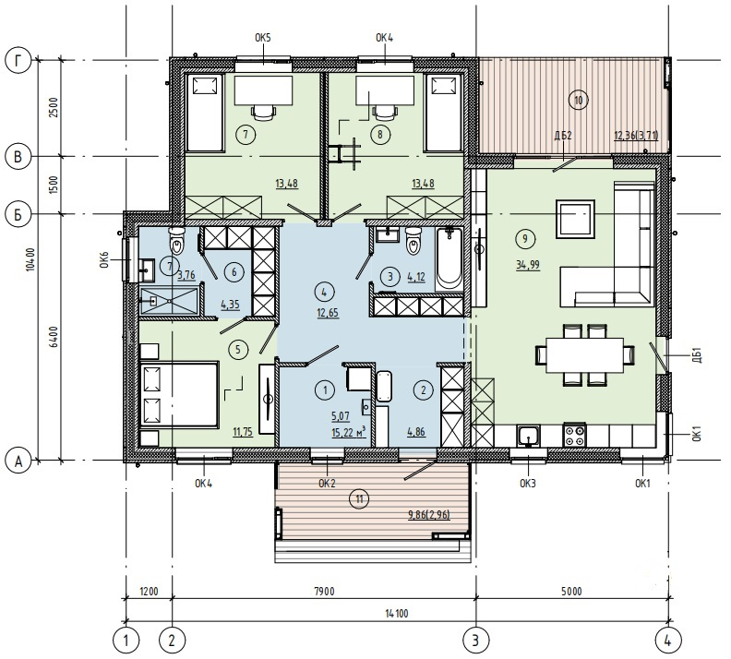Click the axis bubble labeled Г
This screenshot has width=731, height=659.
pyautogui.click(x=18, y=62)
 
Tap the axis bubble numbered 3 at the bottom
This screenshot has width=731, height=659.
pyautogui.click(x=475, y=640)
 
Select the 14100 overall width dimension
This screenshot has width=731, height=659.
pyautogui.click(x=397, y=614)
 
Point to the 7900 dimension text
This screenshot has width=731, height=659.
pyautogui.click(x=325, y=592)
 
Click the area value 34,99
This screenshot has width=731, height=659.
pyautogui.click(x=528, y=265)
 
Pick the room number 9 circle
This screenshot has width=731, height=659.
pyautogui.click(x=525, y=239)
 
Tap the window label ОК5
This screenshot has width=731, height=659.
pyautogui.click(x=262, y=38)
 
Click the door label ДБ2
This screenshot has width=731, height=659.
pyautogui.click(x=563, y=136)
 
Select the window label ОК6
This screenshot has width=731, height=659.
pyautogui.click(x=104, y=259)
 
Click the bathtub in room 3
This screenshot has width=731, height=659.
pyautogui.click(x=449, y=259)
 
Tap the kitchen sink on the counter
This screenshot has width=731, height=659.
pyautogui.click(x=528, y=437)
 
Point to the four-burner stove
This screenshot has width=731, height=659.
pyautogui.click(x=575, y=436)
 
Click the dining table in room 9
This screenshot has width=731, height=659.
pyautogui.click(x=585, y=355)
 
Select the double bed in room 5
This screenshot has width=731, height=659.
pyautogui.click(x=179, y=394)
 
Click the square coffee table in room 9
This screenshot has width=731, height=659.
pyautogui.click(x=575, y=219)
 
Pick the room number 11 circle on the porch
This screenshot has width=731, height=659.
pyautogui.click(x=359, y=499)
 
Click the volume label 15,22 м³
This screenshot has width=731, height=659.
pyautogui.click(x=348, y=432)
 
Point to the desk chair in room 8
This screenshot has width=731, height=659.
pyautogui.click(x=385, y=111)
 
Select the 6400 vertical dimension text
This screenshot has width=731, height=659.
pyautogui.click(x=54, y=337)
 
